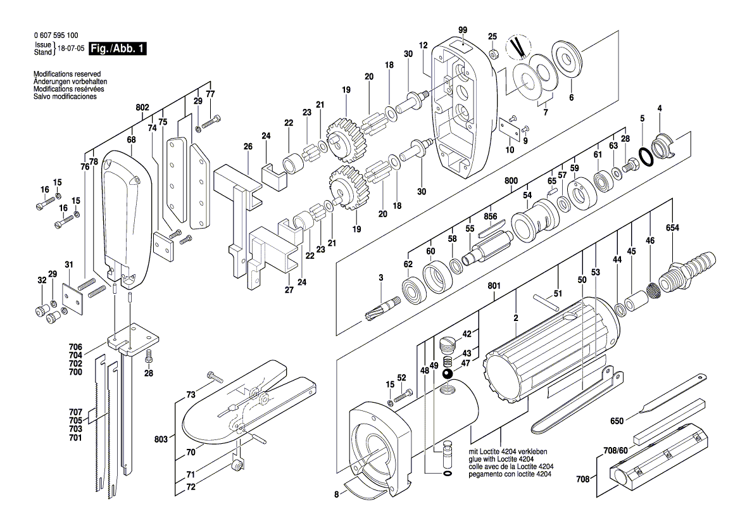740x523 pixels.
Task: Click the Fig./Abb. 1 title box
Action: pyautogui.click(x=118, y=49)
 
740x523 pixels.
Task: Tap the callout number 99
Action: pyautogui.click(x=463, y=30)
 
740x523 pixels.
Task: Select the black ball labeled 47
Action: pyautogui.click(x=446, y=375)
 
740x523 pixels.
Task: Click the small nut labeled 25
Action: pyautogui.click(x=494, y=51)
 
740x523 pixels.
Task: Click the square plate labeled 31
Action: pyautogui.click(x=75, y=298)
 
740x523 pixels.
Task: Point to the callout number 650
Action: pyautogui.click(x=617, y=420)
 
